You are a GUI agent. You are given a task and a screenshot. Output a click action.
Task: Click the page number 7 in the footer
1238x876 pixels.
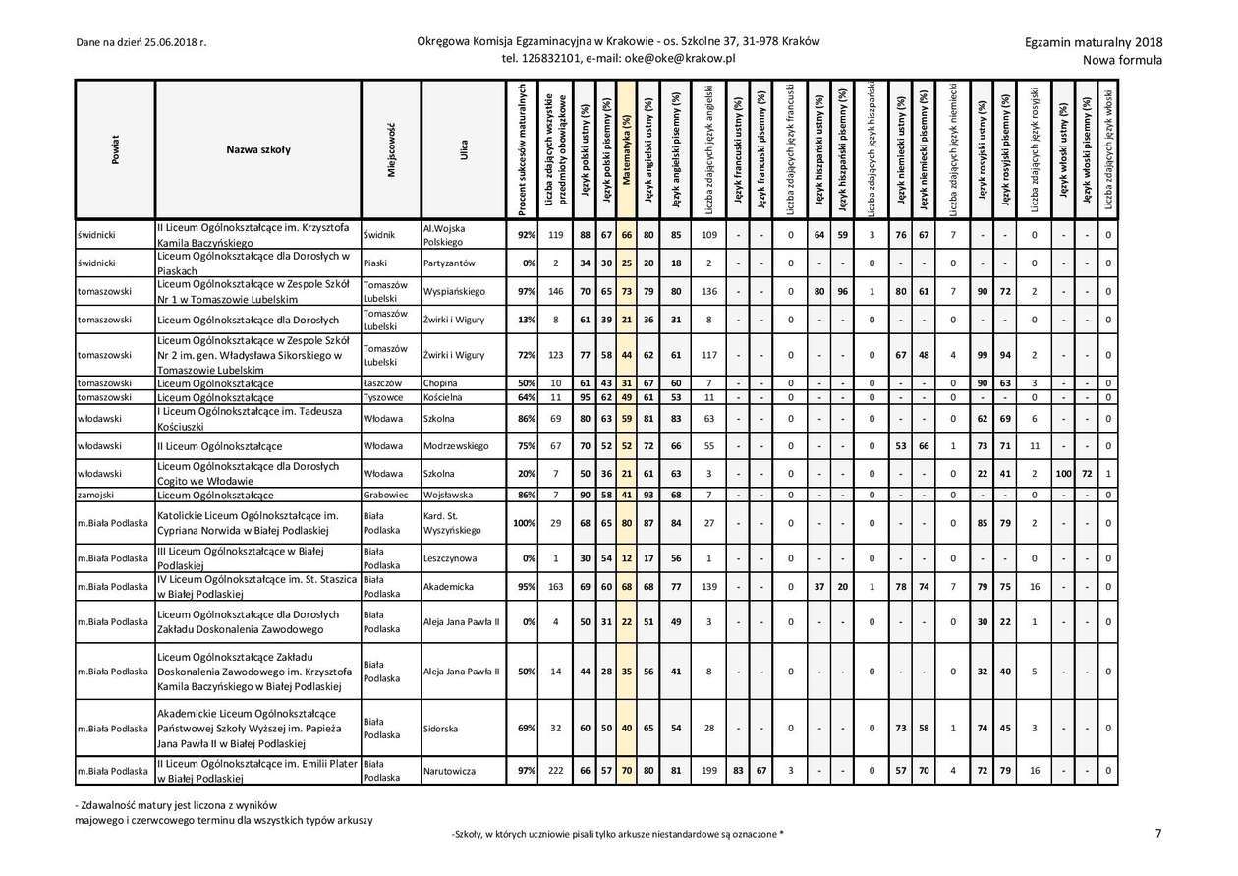(x=1158, y=833)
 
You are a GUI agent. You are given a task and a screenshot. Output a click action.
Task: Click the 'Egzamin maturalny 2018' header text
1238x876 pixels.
(x=1093, y=42)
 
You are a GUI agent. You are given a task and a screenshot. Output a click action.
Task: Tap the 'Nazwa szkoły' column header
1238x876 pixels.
(x=257, y=150)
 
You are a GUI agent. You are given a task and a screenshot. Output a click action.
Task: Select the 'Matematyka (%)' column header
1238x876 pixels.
(x=626, y=150)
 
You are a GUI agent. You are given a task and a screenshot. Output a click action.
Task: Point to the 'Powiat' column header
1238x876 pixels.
(x=115, y=150)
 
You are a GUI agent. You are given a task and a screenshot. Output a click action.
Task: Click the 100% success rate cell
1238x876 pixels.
(x=524, y=523)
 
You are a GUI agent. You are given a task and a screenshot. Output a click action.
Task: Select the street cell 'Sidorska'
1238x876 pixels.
(x=441, y=729)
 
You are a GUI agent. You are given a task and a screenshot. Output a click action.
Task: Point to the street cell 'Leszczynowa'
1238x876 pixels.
(x=450, y=558)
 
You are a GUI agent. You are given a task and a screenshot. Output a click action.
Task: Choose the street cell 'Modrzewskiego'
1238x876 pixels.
(x=455, y=445)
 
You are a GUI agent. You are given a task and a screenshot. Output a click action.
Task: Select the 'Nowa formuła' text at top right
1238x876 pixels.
(x=1122, y=60)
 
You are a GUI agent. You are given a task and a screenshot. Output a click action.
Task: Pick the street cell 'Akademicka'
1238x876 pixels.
(x=448, y=587)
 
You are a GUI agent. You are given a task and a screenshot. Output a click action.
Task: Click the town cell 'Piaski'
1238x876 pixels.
(x=375, y=263)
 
